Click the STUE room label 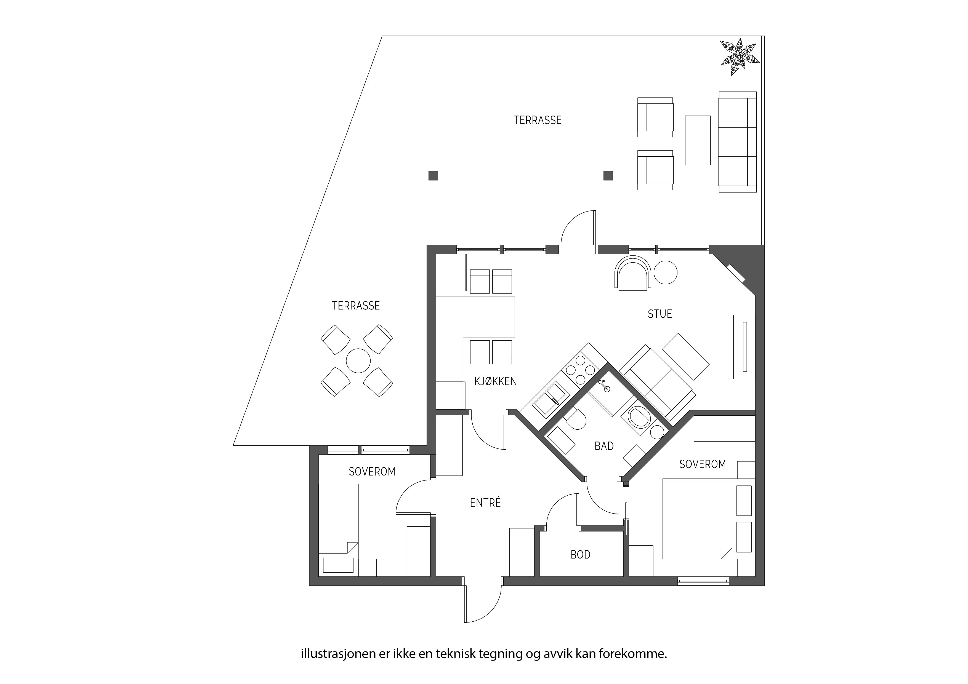coord(660,314)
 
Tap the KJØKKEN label coord(495,381)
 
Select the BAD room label coord(604,446)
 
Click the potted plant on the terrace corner coord(740,57)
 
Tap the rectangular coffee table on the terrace coord(698,140)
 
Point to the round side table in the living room coord(666,272)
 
